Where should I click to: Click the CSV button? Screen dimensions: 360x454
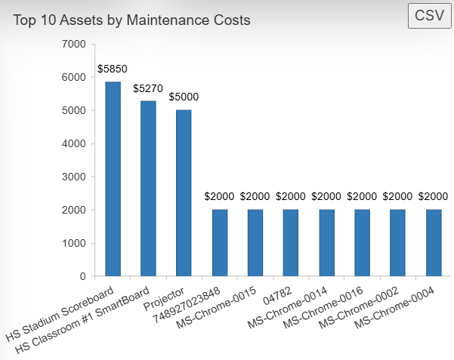(429, 16)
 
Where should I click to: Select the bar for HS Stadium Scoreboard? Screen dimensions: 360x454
(113, 179)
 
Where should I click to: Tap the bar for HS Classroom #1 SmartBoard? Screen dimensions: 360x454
(148, 189)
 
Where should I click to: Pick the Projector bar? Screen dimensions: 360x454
(184, 193)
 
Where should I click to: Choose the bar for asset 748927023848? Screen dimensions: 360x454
(220, 243)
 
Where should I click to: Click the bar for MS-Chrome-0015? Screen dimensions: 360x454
(255, 243)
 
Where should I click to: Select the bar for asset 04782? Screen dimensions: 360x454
(291, 243)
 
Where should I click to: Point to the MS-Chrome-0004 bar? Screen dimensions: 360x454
(433, 243)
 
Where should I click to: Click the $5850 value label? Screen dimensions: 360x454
(113, 69)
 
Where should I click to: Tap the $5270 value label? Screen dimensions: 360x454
(148, 88)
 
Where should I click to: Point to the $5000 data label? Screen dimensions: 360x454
(184, 97)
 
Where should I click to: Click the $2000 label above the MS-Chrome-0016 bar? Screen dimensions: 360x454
(362, 197)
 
